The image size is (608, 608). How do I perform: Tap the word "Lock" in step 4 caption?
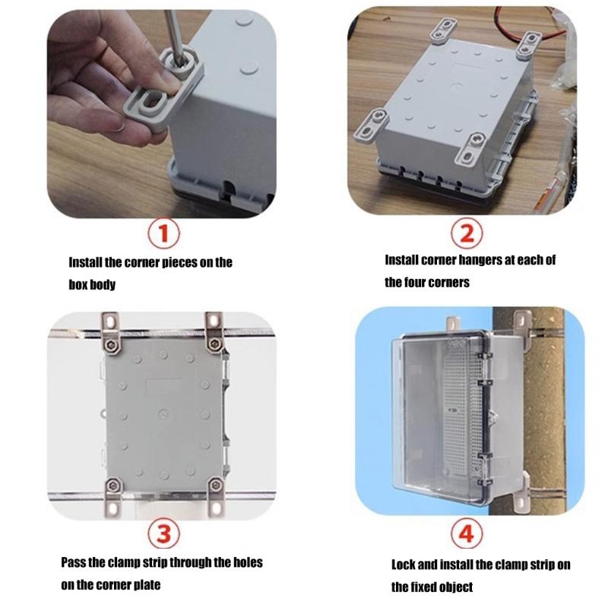point(404,565)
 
